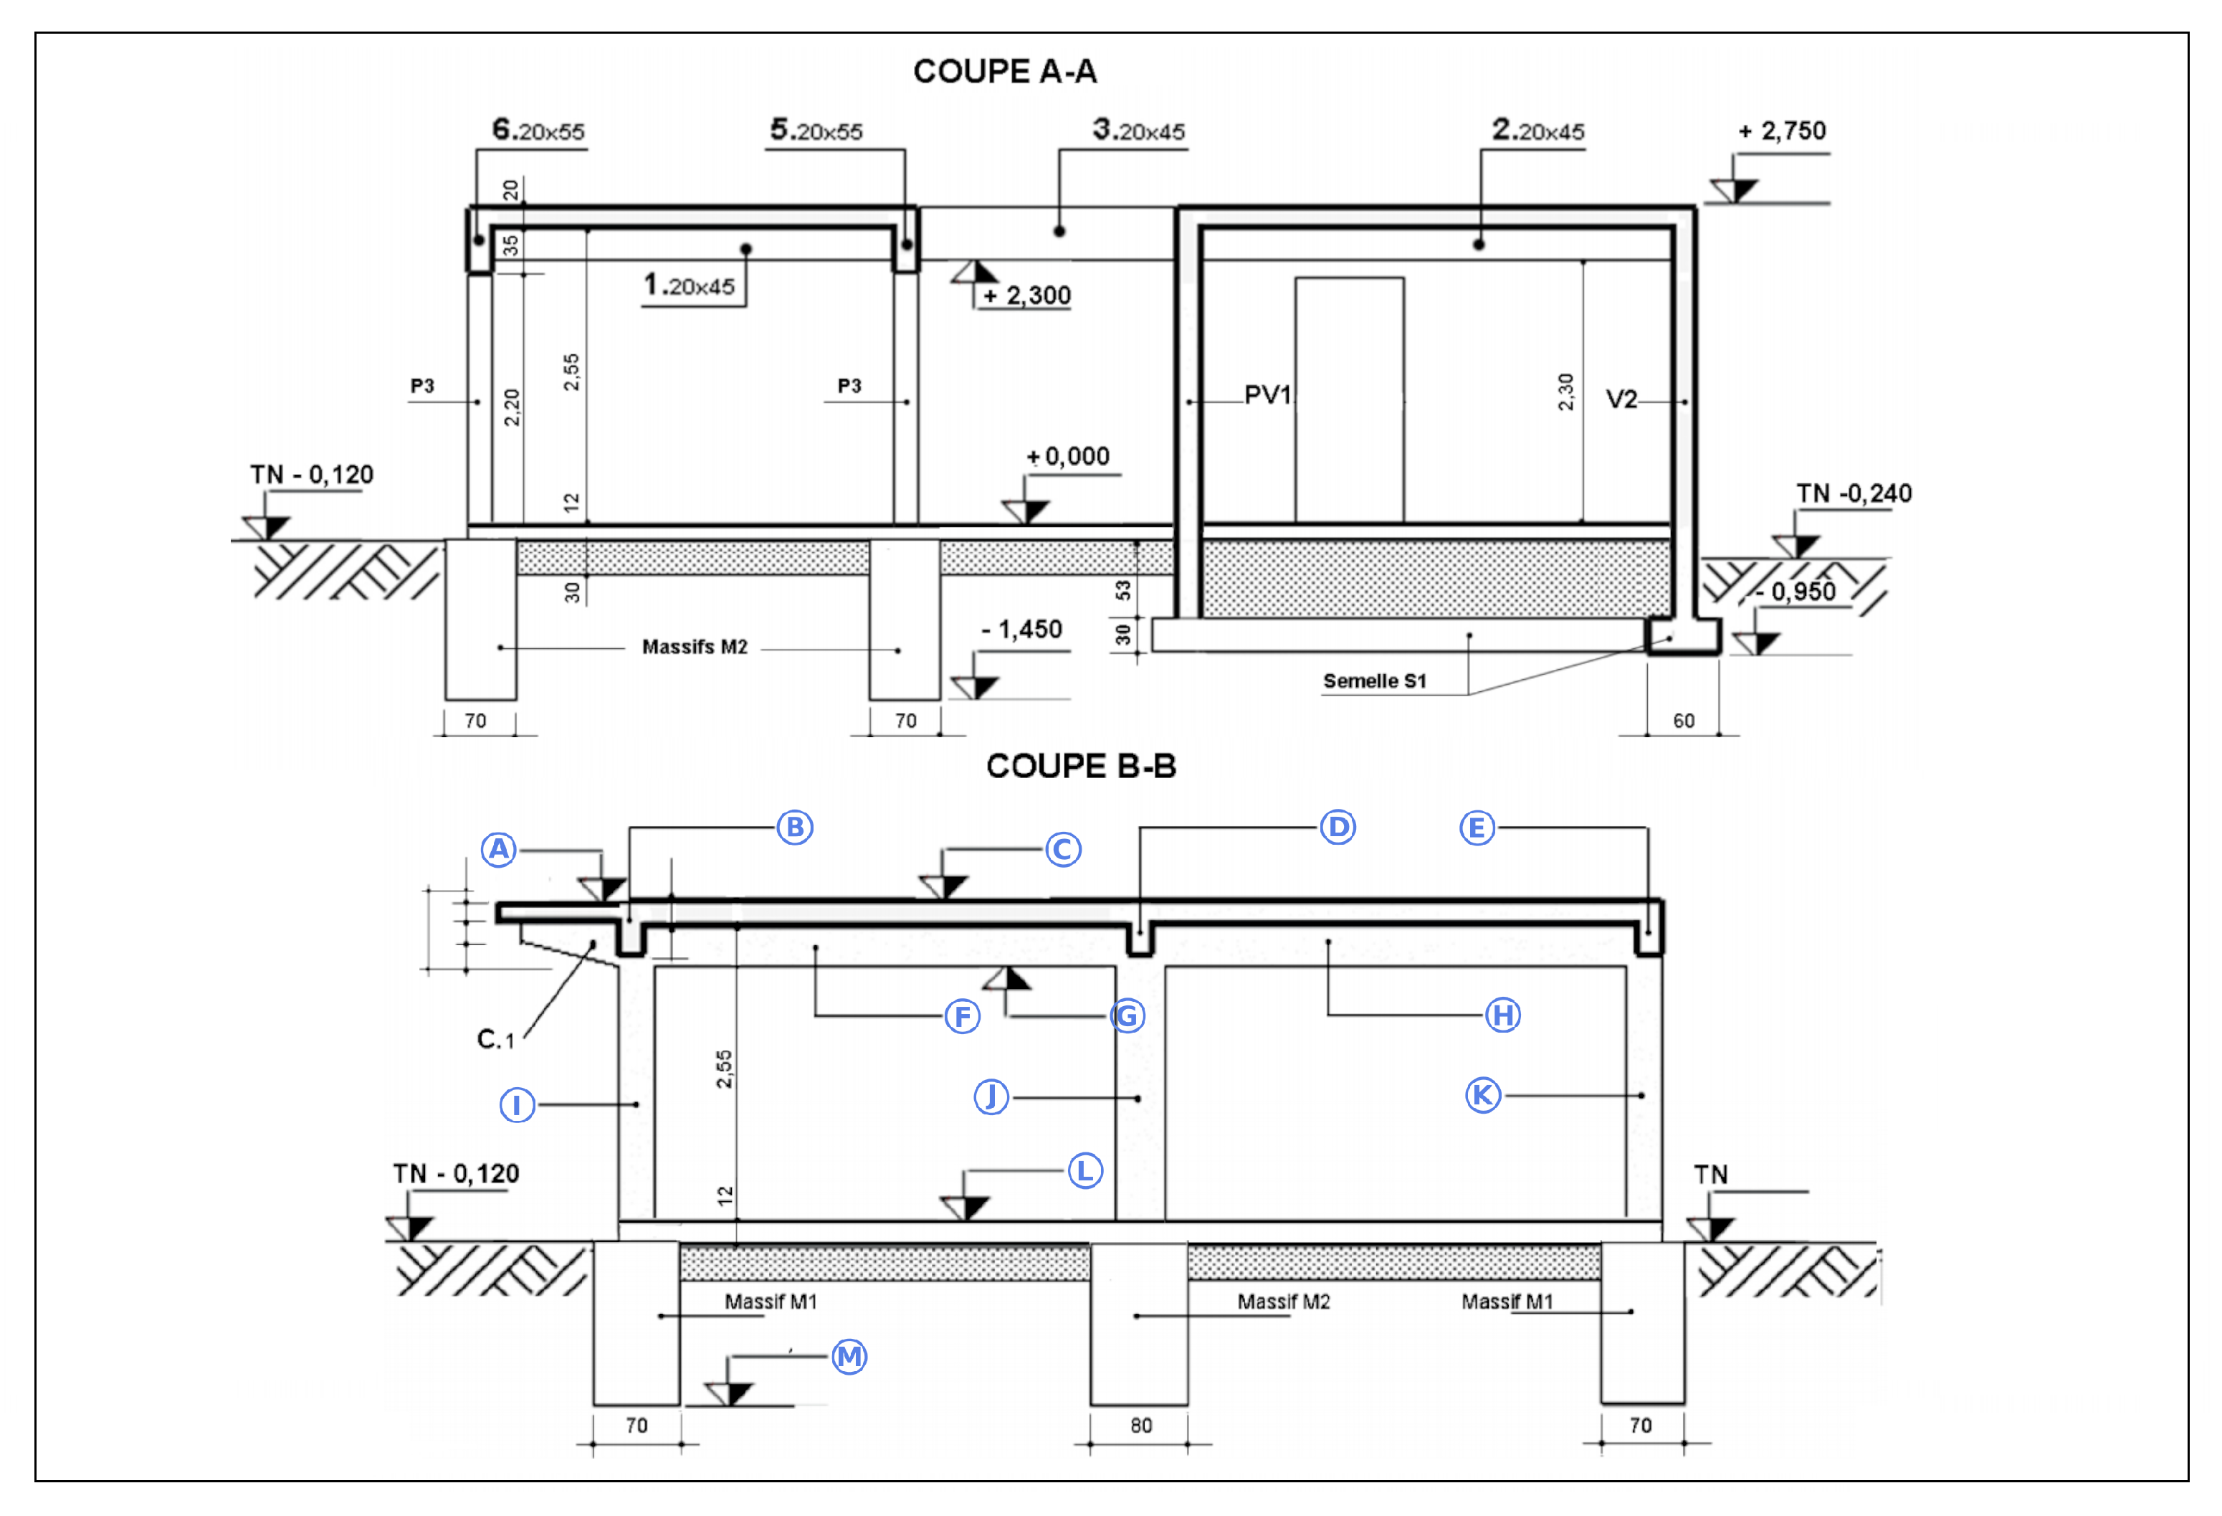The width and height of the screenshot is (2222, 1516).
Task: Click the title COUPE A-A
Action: (x=1004, y=72)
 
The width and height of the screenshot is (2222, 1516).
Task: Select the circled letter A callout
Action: (x=499, y=849)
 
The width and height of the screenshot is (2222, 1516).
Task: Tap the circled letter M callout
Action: (x=849, y=1356)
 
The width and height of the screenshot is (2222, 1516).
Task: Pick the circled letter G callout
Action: (x=1127, y=1015)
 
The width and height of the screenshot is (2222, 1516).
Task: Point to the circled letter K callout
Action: (x=1483, y=1095)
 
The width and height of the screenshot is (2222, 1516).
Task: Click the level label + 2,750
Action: (x=1782, y=131)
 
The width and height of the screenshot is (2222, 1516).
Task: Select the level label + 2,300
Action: (x=1027, y=295)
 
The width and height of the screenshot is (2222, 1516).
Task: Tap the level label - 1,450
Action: (x=1021, y=630)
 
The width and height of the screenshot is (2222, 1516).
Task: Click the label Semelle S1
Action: (x=1374, y=681)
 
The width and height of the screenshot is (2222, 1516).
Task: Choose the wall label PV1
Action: (x=1267, y=395)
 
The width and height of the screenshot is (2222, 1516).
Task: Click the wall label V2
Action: (x=1621, y=400)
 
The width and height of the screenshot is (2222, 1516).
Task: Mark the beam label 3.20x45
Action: (x=1139, y=130)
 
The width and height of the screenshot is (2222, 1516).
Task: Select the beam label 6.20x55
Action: (x=538, y=130)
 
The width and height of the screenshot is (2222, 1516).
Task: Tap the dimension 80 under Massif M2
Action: (x=1140, y=1425)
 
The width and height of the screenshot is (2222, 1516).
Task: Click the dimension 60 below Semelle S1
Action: (x=1683, y=721)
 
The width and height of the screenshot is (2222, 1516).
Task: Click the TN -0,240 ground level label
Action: (x=1854, y=493)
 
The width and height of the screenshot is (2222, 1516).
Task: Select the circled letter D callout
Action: (x=1338, y=828)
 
